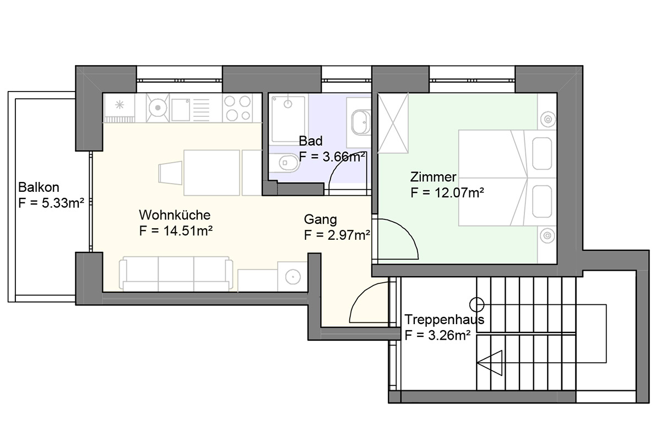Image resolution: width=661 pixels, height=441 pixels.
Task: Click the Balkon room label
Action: [39, 187]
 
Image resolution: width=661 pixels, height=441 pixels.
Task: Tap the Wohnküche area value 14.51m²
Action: [188, 230]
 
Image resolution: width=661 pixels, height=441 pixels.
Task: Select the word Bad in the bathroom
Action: [311, 141]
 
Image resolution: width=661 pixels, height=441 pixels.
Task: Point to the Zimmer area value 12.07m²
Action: [459, 192]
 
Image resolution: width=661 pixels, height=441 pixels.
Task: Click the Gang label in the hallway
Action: [320, 219]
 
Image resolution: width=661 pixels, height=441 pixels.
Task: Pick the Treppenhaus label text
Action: [444, 320]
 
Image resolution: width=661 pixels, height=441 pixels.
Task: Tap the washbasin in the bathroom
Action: [361, 122]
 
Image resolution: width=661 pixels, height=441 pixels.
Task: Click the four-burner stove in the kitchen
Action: [237, 109]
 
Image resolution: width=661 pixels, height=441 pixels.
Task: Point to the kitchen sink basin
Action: [181, 110]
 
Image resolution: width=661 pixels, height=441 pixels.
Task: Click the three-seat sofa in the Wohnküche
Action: [176, 274]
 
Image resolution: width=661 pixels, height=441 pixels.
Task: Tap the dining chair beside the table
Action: [171, 173]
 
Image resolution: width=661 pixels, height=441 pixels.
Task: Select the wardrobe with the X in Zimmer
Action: [393, 123]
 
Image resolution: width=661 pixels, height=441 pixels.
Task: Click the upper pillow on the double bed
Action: [542, 154]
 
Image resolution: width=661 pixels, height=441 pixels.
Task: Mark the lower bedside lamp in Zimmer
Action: [548, 236]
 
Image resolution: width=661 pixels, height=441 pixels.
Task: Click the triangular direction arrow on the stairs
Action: [490, 363]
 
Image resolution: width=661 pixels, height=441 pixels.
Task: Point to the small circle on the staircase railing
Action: [476, 304]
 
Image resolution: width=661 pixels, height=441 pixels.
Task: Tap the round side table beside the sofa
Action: [293, 277]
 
